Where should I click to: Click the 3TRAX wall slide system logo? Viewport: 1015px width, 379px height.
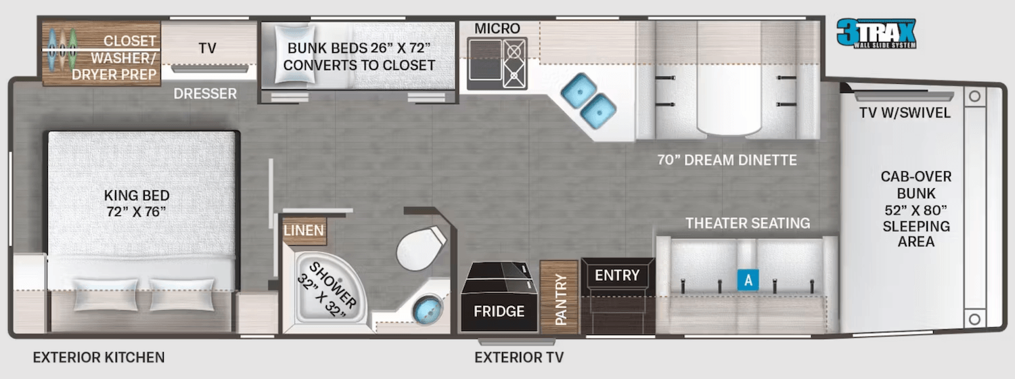pyautogui.click(x=876, y=34)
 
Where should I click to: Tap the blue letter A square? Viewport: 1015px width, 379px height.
pyautogui.click(x=748, y=280)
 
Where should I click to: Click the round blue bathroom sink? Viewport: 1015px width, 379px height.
pyautogui.click(x=427, y=309)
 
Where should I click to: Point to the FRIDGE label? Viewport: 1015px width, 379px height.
pyautogui.click(x=499, y=311)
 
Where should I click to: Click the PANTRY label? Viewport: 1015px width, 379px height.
pyautogui.click(x=560, y=299)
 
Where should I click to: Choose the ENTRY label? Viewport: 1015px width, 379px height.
pyautogui.click(x=617, y=275)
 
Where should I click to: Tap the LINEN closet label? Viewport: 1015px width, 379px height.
pyautogui.click(x=304, y=230)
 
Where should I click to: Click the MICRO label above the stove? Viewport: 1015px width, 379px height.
pyautogui.click(x=497, y=28)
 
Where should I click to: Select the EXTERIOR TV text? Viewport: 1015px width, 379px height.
pyautogui.click(x=519, y=357)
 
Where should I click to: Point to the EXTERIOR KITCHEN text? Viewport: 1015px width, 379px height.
pyautogui.click(x=99, y=357)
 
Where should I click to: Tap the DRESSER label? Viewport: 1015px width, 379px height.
pyautogui.click(x=205, y=93)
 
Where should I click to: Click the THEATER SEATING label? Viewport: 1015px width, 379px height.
pyautogui.click(x=748, y=223)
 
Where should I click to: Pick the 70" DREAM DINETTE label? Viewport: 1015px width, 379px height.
pyautogui.click(x=727, y=160)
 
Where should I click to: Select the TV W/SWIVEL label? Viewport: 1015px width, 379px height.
pyautogui.click(x=905, y=112)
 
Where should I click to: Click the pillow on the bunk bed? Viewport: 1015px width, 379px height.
pyautogui.click(x=294, y=54)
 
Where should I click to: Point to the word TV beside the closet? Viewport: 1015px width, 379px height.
pyautogui.click(x=207, y=48)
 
